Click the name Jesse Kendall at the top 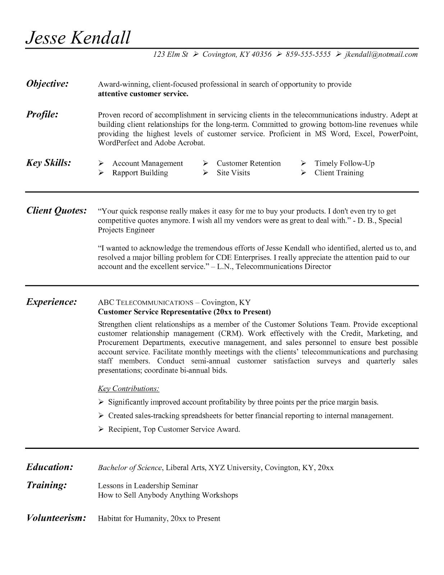click(78, 37)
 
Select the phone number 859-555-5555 click(308, 54)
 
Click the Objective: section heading click(47, 84)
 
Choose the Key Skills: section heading click(48, 163)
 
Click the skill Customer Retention click(248, 164)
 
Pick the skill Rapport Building click(140, 173)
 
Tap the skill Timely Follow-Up click(344, 164)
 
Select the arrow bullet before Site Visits click(205, 173)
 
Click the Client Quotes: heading click(56, 211)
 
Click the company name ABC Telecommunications click(145, 302)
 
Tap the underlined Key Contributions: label click(128, 388)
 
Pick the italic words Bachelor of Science click(130, 468)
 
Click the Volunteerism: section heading click(56, 518)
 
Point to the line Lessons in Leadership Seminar click(148, 486)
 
